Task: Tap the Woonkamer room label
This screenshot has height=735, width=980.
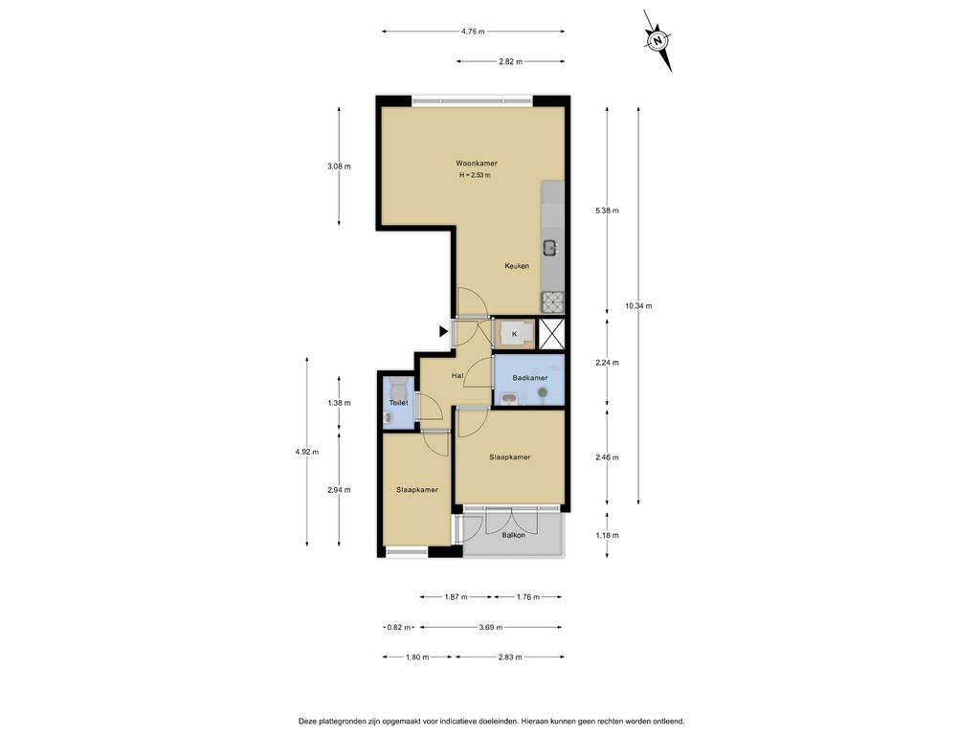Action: pyautogui.click(x=477, y=164)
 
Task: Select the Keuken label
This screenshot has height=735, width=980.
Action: pyautogui.click(x=517, y=266)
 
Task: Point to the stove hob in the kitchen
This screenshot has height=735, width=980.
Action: pyautogui.click(x=552, y=303)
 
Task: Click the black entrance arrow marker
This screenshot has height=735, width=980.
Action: pyautogui.click(x=444, y=332)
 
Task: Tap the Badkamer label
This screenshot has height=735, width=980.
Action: pyautogui.click(x=530, y=378)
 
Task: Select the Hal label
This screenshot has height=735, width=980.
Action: pyautogui.click(x=457, y=376)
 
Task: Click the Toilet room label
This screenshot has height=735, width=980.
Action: pyautogui.click(x=399, y=403)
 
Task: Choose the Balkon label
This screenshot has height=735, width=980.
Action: pyautogui.click(x=514, y=536)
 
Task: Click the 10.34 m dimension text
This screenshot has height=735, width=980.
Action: pyautogui.click(x=638, y=306)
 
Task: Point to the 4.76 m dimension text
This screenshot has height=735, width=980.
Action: pyautogui.click(x=473, y=32)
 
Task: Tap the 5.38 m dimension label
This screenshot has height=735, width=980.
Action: pyautogui.click(x=607, y=211)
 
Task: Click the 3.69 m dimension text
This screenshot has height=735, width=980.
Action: pyautogui.click(x=491, y=628)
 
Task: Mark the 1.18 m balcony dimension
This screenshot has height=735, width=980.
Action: pyautogui.click(x=607, y=536)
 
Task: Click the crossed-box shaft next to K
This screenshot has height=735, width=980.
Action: pyautogui.click(x=552, y=333)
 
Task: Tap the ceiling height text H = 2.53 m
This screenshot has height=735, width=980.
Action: pyautogui.click(x=475, y=176)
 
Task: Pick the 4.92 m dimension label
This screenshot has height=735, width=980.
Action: pyautogui.click(x=307, y=452)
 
